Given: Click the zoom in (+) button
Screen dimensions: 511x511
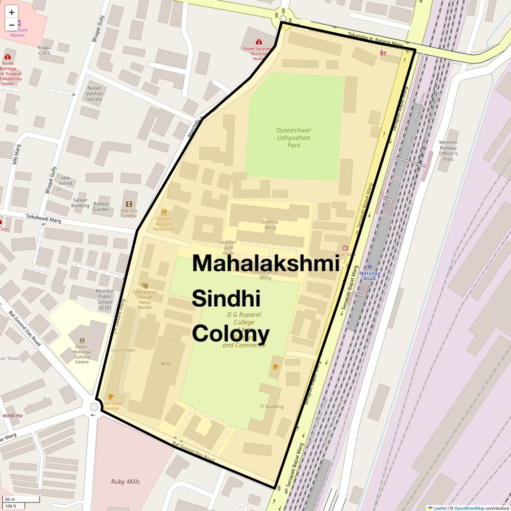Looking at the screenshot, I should (12, 12).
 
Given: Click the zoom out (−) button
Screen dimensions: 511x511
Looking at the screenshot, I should (12, 25).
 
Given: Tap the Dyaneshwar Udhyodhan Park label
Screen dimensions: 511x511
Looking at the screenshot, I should (294, 138).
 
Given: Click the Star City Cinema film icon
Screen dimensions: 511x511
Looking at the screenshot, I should (129, 204).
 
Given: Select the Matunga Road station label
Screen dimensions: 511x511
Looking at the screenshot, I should (369, 276).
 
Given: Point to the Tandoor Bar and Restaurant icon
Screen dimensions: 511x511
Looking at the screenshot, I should (164, 212).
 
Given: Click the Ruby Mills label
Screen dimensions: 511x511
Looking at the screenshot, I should (126, 481).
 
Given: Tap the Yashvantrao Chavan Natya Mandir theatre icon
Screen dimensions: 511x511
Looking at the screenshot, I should (144, 286).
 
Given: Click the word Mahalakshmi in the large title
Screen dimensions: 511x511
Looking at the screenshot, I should (265, 263).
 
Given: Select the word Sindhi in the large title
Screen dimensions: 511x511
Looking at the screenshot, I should (226, 299).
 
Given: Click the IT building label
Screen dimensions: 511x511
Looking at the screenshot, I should (272, 407).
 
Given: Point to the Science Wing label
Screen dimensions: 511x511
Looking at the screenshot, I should (270, 225).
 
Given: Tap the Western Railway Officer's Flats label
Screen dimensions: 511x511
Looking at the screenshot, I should (448, 151).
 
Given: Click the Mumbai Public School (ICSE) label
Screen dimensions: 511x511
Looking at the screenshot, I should (105, 299).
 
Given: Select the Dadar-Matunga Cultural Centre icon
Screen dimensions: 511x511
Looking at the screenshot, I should (82, 341).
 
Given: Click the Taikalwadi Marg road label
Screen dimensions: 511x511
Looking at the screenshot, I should (43, 218).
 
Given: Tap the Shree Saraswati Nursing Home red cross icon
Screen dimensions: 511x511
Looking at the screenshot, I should (259, 42).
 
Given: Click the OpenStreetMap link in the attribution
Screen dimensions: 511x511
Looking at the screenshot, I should (469, 508).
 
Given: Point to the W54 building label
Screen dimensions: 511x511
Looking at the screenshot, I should (166, 364).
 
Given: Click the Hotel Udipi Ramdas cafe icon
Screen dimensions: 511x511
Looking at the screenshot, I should (111, 397).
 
